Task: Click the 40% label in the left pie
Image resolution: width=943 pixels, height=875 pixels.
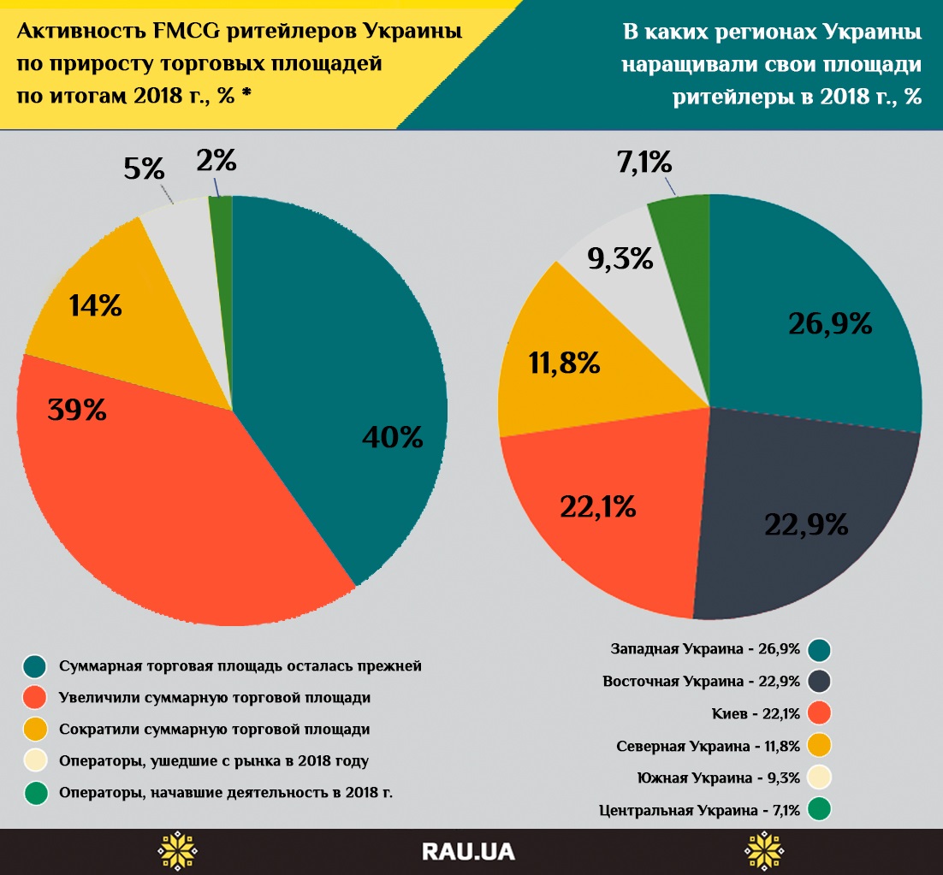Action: tap(392, 437)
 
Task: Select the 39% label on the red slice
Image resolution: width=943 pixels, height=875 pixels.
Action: tap(77, 410)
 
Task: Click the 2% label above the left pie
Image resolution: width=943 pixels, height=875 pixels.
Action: tap(216, 159)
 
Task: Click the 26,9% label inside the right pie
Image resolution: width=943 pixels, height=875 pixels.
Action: tap(830, 323)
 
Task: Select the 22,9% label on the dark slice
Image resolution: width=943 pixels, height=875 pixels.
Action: tap(807, 523)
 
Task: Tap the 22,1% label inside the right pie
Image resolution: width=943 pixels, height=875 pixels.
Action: tap(598, 507)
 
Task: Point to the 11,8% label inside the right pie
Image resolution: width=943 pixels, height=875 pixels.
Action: tap(564, 364)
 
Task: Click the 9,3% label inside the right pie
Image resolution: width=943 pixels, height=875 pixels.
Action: tap(620, 258)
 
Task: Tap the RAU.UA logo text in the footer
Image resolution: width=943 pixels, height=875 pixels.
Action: tap(470, 852)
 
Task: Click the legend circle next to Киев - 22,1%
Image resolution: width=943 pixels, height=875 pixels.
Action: tap(819, 713)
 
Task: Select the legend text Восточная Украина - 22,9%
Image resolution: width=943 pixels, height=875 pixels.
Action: tap(701, 682)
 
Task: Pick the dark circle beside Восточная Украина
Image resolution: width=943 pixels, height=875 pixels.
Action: tap(819, 682)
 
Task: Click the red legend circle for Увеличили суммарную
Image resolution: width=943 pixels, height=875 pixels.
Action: tap(35, 698)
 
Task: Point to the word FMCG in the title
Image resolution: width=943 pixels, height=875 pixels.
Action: tap(181, 33)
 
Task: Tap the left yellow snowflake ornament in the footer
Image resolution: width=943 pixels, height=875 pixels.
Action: tap(177, 851)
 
